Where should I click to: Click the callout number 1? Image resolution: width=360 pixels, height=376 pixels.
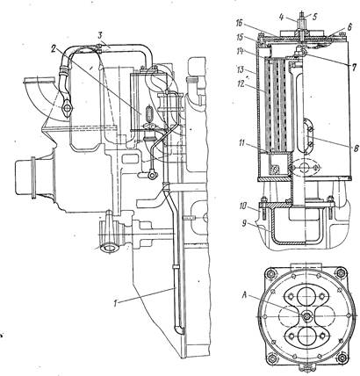116,303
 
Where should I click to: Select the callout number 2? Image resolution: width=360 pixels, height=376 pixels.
54,49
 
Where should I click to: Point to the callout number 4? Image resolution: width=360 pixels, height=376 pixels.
281,17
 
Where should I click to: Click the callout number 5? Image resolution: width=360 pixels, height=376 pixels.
314,17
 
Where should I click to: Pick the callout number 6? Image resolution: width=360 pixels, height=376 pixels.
349,26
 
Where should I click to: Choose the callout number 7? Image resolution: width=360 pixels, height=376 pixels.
354,68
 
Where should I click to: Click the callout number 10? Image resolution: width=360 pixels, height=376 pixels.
242,206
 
